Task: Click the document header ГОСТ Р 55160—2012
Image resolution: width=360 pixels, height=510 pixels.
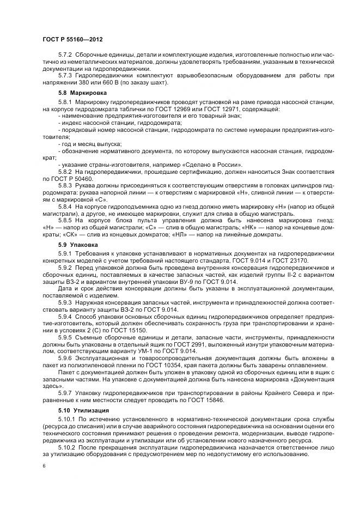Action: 73,40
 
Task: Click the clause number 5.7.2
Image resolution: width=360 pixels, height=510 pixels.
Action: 66,57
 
